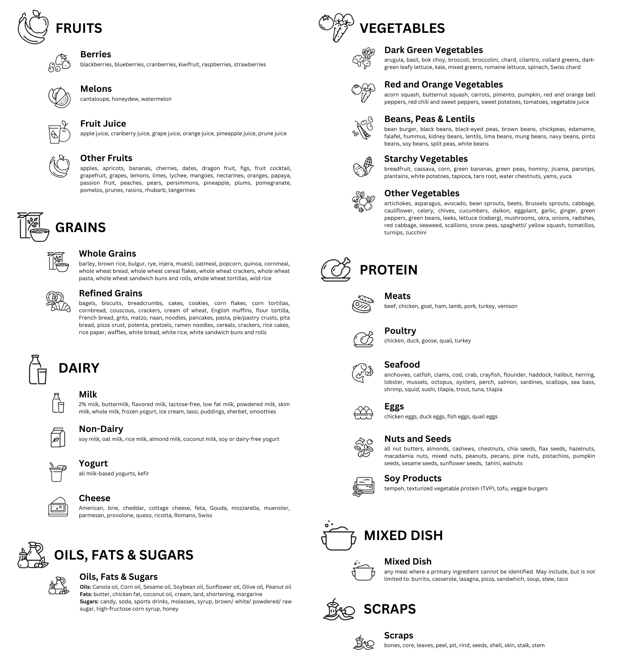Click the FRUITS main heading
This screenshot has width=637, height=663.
pos(79,28)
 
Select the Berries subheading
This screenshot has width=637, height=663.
pos(96,54)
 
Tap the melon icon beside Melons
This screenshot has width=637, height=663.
pos(59,97)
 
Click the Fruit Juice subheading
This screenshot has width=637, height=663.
pos(103,123)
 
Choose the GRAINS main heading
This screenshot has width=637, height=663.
pos(80,227)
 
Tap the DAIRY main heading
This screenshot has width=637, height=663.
pos(79,368)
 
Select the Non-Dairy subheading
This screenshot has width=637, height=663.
pos(101,429)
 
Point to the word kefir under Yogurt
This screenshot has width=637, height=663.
pos(143,474)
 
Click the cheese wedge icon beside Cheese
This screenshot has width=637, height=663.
pos(58,507)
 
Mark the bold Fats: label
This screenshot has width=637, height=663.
pos(86,594)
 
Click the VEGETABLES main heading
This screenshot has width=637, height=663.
pos(402,28)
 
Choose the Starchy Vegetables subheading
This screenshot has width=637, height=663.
pos(426,159)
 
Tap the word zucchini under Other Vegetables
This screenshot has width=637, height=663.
pos(415,233)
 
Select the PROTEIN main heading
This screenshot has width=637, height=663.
pos(388,270)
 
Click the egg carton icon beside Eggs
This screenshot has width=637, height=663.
pos(363,413)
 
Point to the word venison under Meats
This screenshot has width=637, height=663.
pos(507,306)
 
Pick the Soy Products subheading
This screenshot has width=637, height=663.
pos(413,478)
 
